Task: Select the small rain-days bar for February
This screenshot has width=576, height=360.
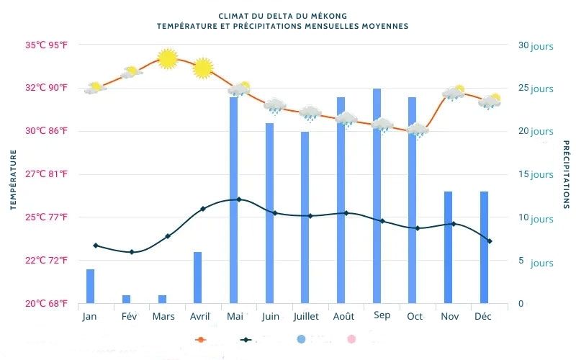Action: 127,299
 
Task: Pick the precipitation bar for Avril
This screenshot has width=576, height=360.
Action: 198,277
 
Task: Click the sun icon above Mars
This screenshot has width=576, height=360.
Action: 167,59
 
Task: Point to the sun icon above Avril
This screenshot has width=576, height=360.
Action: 203,68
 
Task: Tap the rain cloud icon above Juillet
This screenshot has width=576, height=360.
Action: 310,113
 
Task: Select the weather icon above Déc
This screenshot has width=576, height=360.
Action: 490,102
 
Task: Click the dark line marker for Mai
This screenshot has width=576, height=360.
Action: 238,199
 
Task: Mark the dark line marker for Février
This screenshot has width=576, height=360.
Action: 132,252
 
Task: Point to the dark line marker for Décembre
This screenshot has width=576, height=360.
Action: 490,241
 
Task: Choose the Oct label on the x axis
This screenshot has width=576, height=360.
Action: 415,317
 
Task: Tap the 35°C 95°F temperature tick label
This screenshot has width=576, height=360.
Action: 47,45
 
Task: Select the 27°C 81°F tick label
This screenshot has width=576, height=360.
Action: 47,174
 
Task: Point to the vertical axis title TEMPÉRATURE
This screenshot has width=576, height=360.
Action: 13,180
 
